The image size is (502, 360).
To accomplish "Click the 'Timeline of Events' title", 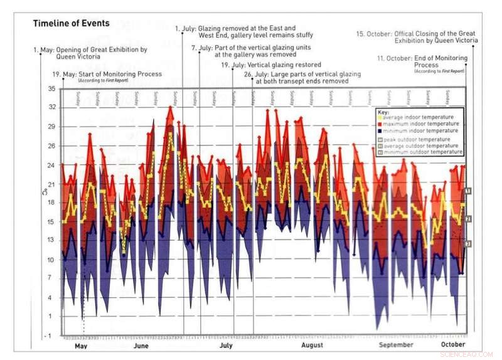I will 71,24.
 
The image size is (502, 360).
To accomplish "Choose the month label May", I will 81,346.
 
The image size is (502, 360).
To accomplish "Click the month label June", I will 141,346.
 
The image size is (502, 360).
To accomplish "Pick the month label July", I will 226,346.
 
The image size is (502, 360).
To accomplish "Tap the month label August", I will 312,346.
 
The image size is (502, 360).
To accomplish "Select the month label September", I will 397,346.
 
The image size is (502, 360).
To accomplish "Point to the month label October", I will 453,346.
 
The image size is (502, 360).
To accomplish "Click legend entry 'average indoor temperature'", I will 420,117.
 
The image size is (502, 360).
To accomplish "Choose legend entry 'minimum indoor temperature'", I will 421,130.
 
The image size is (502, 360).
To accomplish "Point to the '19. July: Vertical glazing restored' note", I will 271,65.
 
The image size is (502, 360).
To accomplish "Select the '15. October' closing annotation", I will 417,37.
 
